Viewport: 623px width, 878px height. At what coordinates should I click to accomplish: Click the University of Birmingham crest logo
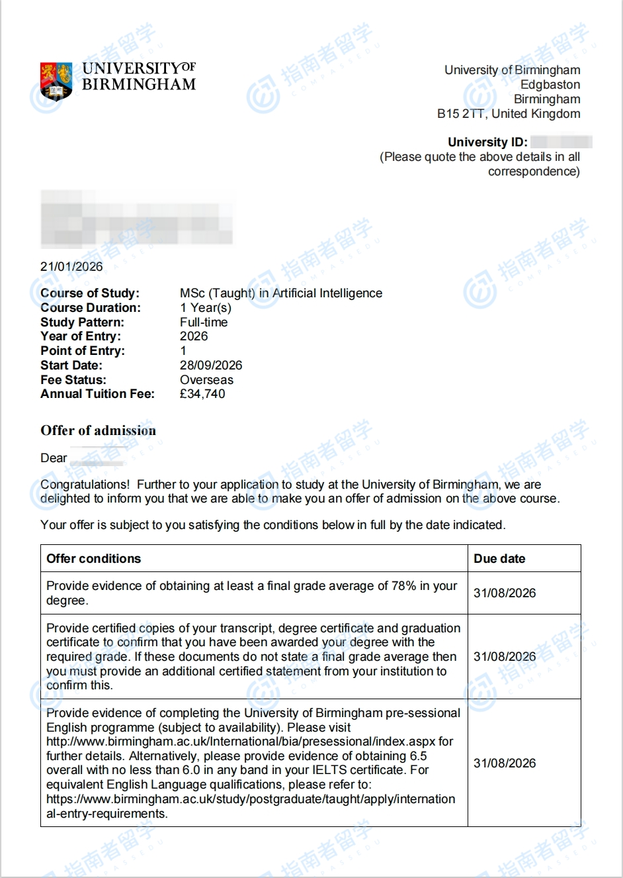(x=56, y=80)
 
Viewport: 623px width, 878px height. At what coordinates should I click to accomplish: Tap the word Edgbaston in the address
(x=550, y=85)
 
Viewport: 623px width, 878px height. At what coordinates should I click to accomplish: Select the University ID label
(x=487, y=142)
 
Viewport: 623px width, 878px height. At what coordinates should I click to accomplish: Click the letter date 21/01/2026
(x=71, y=267)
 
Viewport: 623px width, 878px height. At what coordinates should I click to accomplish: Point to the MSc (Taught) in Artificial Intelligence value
(x=281, y=293)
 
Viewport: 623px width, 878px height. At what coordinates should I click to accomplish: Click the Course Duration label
(x=91, y=308)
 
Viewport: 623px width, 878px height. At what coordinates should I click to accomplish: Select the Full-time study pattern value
(x=204, y=322)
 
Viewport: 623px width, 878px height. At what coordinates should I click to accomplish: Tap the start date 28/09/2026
(x=211, y=366)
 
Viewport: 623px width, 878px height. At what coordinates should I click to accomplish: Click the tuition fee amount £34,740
(x=202, y=394)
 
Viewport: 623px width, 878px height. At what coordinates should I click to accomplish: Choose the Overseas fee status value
(x=206, y=380)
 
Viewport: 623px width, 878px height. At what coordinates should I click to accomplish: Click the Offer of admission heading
(x=99, y=430)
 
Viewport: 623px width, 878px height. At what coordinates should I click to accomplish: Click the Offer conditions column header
(x=94, y=559)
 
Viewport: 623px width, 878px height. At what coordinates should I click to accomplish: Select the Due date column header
(x=499, y=559)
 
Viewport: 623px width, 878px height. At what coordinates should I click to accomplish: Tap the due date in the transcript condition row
(x=505, y=657)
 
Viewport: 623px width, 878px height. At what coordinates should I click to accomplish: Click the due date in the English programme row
(x=505, y=763)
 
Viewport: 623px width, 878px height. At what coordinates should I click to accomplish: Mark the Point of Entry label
(x=83, y=351)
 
